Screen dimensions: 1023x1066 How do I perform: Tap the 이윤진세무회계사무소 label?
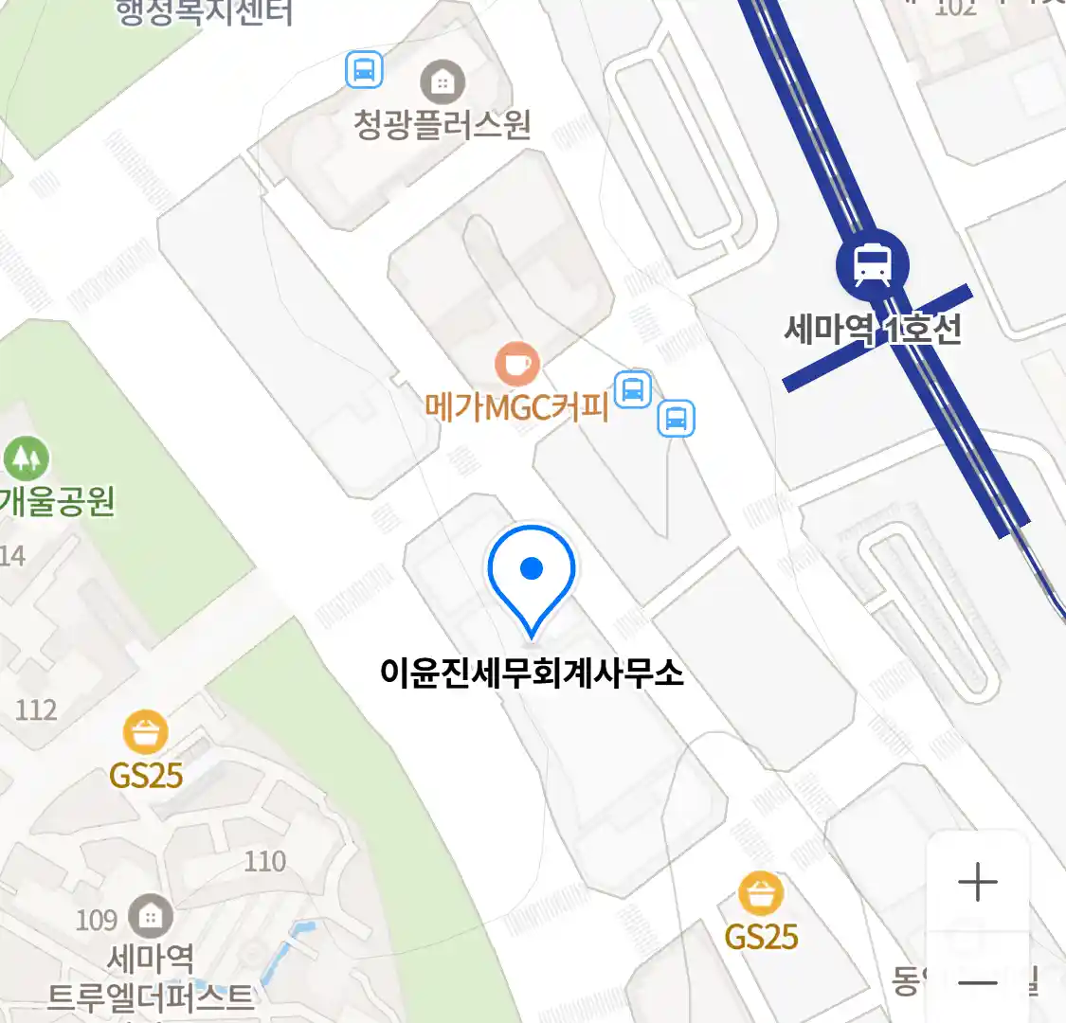coord(532,673)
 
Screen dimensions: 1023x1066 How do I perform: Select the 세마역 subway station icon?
coord(872,264)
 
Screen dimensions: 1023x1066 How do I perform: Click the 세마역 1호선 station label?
coord(873,330)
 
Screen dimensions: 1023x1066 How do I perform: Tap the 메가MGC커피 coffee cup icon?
coord(517,364)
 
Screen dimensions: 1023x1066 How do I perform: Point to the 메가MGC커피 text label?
coord(516,407)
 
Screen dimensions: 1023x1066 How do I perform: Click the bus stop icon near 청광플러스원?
coord(364,70)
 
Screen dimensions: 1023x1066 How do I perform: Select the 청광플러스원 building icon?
coord(442,82)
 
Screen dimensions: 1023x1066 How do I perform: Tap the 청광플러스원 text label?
coord(442,125)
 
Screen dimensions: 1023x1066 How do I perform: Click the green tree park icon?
coord(26,458)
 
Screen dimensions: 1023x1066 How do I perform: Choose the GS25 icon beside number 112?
coord(146,733)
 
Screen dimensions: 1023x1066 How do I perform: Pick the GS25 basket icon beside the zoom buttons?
coord(761,894)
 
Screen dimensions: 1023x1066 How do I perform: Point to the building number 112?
coord(36,709)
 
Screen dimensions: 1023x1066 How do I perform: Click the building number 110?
coord(264,861)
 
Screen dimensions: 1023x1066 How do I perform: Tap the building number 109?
coord(96,920)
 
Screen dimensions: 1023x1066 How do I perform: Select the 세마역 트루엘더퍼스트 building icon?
coord(150,917)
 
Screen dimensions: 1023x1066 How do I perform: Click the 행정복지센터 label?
coord(204,12)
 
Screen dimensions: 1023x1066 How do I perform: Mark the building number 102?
coord(955,9)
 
